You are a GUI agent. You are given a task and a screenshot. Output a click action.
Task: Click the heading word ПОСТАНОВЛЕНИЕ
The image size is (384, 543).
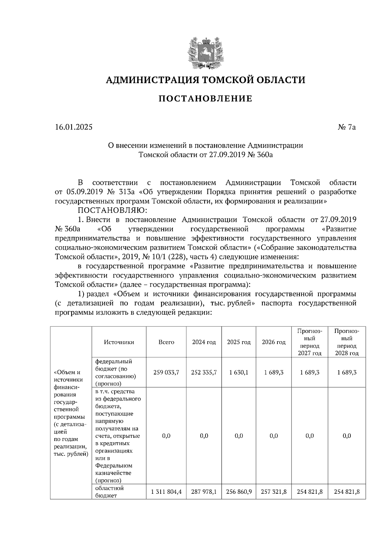click(205, 98)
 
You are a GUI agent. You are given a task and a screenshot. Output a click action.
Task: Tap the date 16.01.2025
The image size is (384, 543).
click(74, 127)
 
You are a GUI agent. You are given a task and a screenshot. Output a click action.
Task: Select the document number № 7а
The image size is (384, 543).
click(347, 127)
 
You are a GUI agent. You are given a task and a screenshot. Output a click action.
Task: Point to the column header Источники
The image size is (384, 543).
click(119, 342)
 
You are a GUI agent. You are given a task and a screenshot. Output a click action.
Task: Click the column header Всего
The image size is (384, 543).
click(166, 342)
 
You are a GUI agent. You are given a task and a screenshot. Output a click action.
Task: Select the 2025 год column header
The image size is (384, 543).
click(239, 342)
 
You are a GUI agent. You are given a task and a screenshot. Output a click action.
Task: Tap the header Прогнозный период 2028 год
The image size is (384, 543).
click(347, 342)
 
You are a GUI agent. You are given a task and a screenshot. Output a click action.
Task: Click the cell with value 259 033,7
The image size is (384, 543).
click(166, 372)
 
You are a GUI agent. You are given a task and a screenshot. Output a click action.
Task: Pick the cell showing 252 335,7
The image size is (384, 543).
click(204, 372)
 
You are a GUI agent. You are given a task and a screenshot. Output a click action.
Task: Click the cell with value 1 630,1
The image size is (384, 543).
click(239, 372)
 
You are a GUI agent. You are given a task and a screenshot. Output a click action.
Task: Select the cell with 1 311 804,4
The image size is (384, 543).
click(166, 492)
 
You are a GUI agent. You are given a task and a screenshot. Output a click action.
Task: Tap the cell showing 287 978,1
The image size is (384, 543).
click(204, 492)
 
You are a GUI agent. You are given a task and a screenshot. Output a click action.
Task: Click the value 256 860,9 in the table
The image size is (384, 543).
click(239, 492)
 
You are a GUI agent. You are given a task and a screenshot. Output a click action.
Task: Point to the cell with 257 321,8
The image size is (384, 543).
click(274, 492)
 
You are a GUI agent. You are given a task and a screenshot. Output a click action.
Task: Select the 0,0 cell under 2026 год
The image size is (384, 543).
click(274, 436)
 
